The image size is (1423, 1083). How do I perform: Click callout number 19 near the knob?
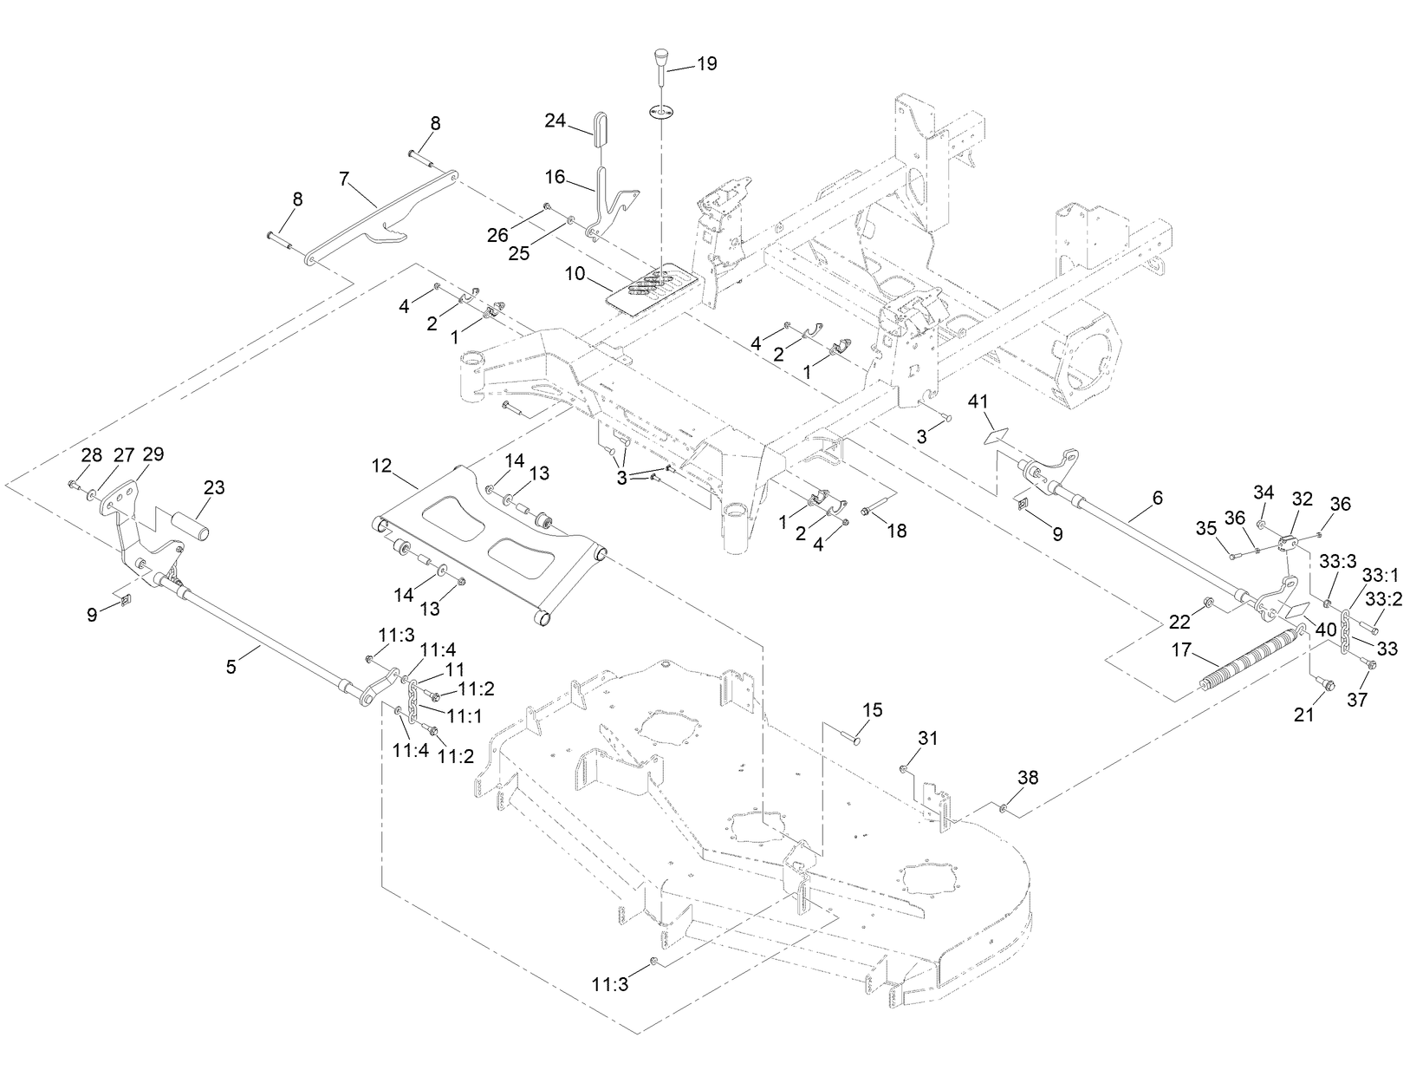707,64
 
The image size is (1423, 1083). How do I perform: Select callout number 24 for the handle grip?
556,121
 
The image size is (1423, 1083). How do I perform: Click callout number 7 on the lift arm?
344,179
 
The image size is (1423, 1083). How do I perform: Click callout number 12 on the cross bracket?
382,466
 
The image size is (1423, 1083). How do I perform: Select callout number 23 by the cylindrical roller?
214,488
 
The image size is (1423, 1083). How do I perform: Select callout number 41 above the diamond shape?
978,401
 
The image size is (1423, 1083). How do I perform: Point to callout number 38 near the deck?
1027,778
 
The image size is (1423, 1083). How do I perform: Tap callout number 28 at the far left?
92,455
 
